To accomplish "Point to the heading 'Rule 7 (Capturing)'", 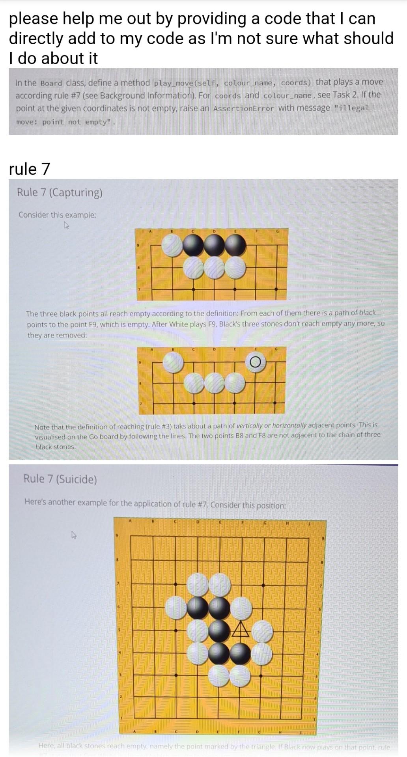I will click(x=60, y=192).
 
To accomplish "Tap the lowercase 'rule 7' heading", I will click(x=30, y=169).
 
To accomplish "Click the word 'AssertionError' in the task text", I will click(x=243, y=108).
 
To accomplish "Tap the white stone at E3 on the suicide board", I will click(x=219, y=675).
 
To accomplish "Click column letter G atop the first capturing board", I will click(x=277, y=231).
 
